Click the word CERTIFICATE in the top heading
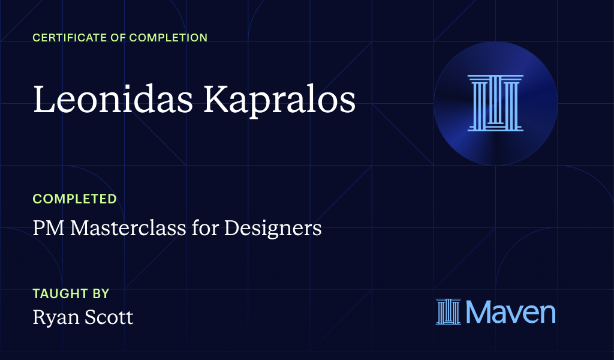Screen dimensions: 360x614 (x=67, y=38)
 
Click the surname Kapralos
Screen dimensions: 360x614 (x=279, y=100)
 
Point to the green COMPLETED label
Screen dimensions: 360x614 (x=74, y=199)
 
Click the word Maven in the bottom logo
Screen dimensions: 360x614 (x=510, y=312)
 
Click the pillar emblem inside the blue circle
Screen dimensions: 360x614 (x=495, y=103)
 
